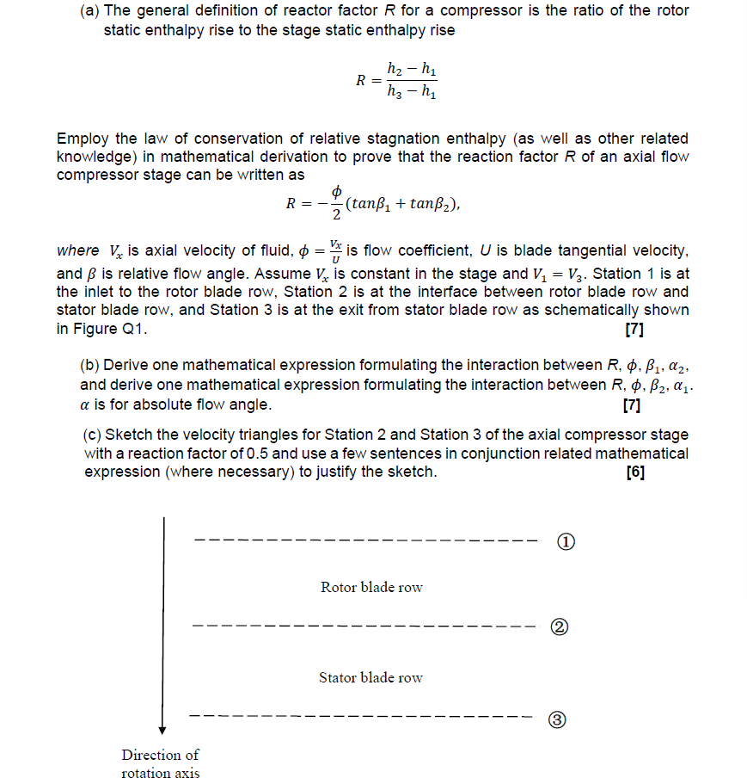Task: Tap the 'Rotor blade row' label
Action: click(371, 587)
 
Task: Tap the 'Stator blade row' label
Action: click(370, 677)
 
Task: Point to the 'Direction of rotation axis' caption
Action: click(160, 763)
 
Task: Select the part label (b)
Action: click(89, 365)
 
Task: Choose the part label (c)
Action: click(92, 435)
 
